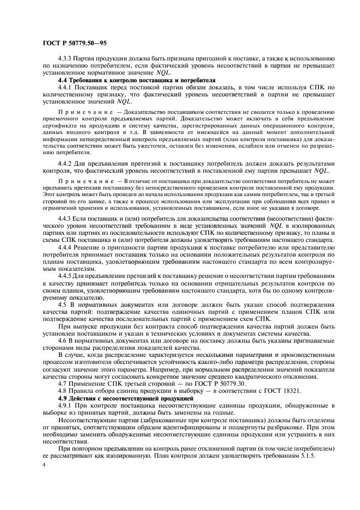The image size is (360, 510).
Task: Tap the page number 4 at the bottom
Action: [x=44, y=465]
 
